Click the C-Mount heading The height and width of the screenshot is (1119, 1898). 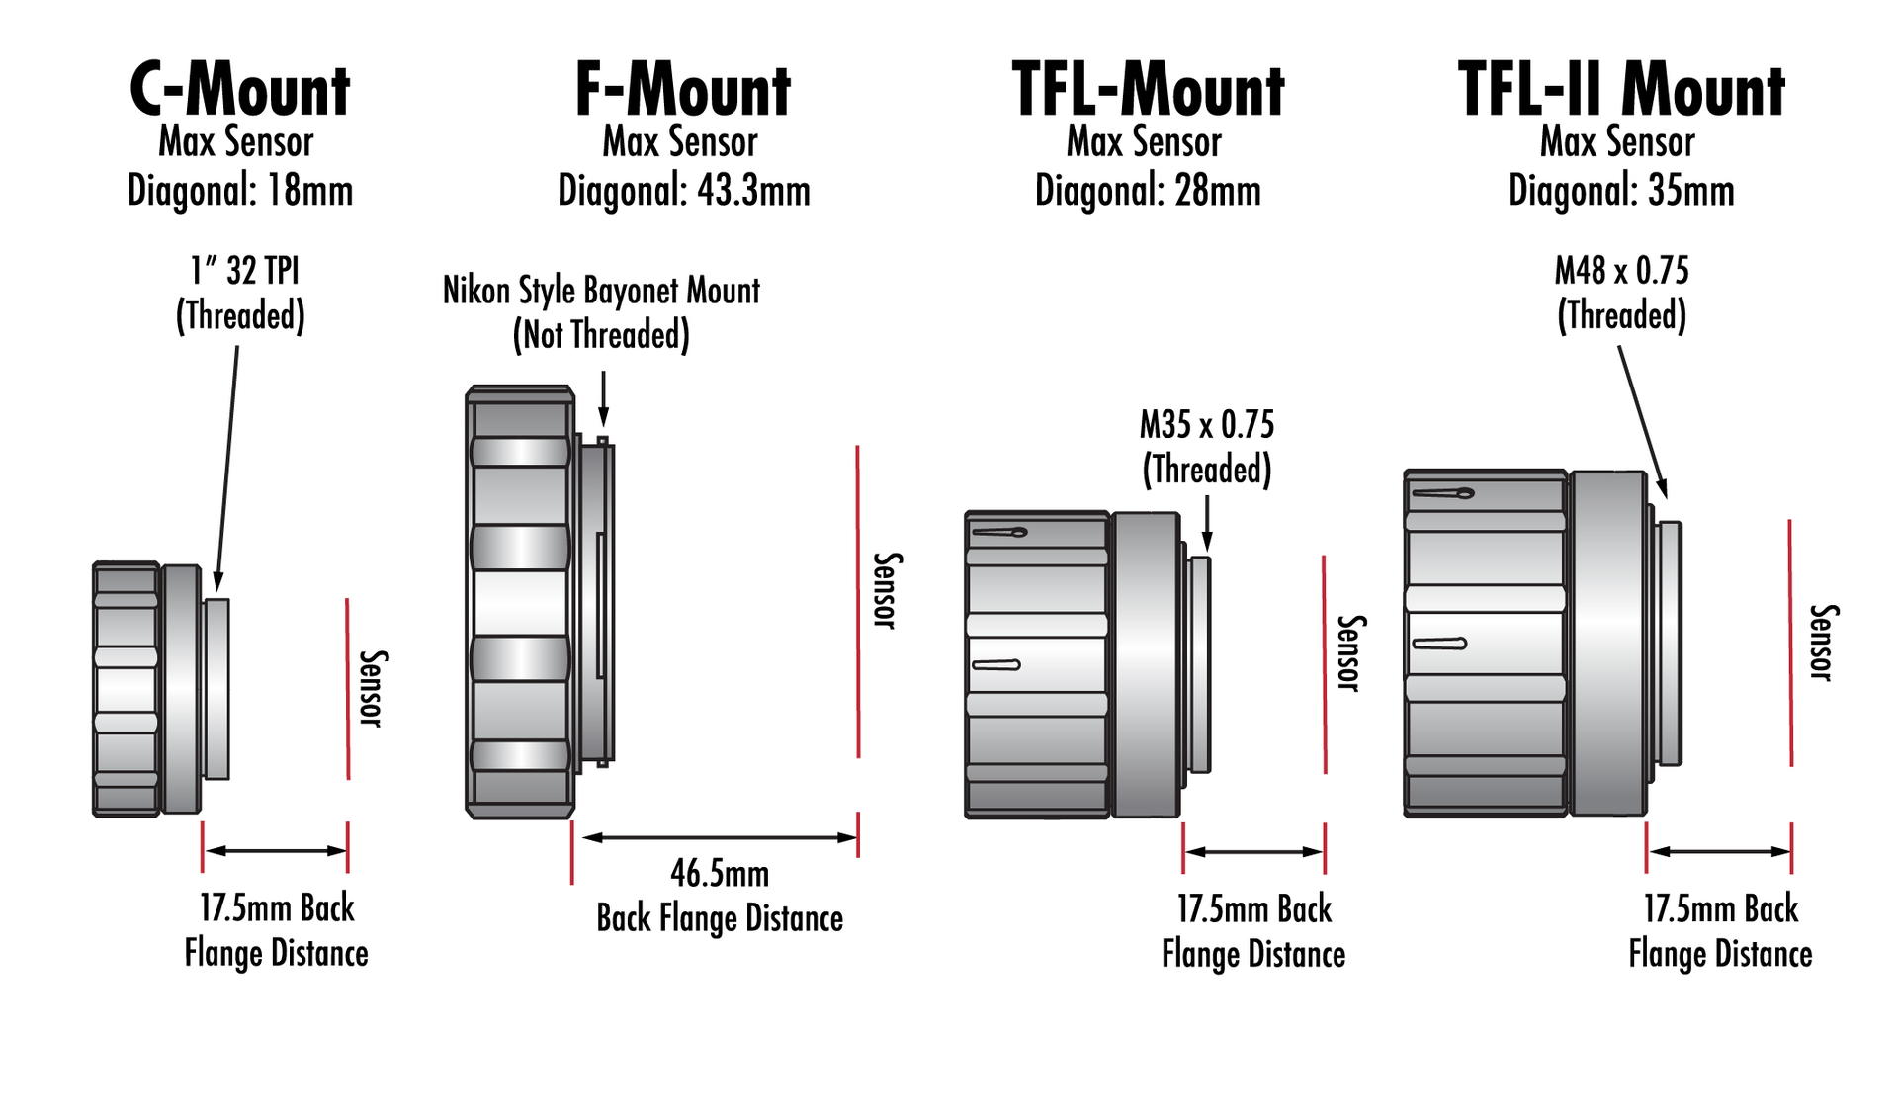pos(240,91)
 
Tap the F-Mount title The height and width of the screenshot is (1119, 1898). pos(683,91)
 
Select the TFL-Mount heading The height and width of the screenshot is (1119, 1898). pos(1148,91)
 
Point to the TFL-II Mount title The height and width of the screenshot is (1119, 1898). pos(1621,91)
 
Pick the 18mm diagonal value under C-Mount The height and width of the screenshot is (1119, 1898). pos(310,191)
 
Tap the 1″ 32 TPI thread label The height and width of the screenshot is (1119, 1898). pos(244,271)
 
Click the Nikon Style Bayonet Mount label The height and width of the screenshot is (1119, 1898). pos(601,291)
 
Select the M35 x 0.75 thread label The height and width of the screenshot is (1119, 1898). pos(1207,425)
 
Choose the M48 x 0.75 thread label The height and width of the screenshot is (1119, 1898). pos(1621,271)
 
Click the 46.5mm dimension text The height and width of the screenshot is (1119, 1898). pos(720,874)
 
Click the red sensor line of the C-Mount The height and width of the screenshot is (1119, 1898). pos(348,688)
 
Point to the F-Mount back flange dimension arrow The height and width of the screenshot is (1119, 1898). pos(720,838)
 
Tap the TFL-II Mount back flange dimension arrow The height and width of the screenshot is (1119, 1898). pos(1720,851)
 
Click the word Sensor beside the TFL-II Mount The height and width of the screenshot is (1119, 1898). pos(1821,643)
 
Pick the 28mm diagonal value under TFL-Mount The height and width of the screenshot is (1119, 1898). pos(1219,191)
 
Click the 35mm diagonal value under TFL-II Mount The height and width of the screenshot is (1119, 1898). pos(1691,191)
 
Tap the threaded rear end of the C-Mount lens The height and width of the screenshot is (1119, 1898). pos(216,688)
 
